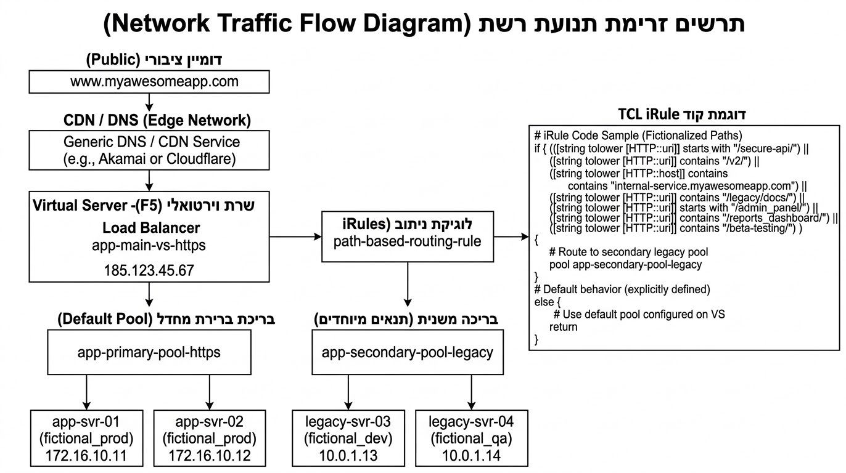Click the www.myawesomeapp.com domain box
pyautogui.click(x=149, y=81)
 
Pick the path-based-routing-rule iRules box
pyautogui.click(x=407, y=236)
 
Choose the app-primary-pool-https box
pyautogui.click(x=149, y=352)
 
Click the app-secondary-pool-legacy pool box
pyautogui.click(x=407, y=352)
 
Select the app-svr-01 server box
pyautogui.click(x=87, y=439)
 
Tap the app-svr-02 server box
pyautogui.click(x=209, y=439)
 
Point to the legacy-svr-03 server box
pyautogui.click(x=348, y=439)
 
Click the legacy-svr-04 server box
pyautogui.click(x=472, y=439)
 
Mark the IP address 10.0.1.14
pyautogui.click(x=472, y=456)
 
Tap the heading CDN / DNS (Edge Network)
pyautogui.click(x=157, y=120)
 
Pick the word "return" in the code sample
pyautogui.click(x=563, y=326)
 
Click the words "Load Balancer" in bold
pyautogui.click(x=151, y=227)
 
